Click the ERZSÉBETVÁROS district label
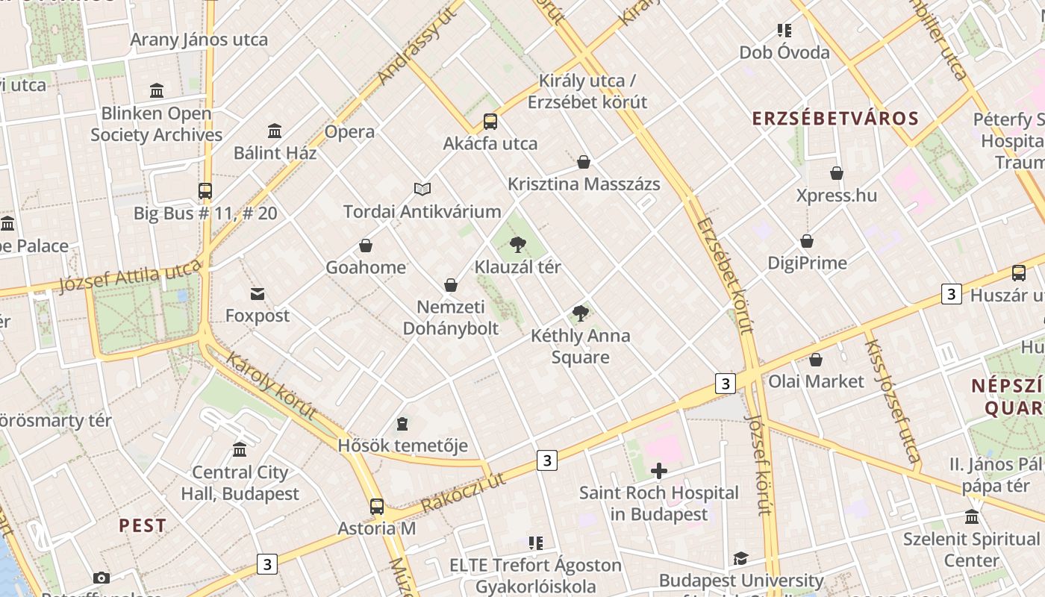(x=835, y=119)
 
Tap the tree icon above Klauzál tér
(x=517, y=245)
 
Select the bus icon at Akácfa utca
(x=490, y=122)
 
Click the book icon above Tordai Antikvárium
(x=422, y=190)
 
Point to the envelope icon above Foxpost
(x=258, y=294)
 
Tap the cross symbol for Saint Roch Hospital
(x=658, y=471)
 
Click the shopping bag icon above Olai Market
(x=816, y=360)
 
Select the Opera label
(x=349, y=132)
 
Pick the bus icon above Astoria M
(x=377, y=507)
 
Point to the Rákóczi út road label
(x=463, y=493)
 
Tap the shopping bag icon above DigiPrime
(x=807, y=241)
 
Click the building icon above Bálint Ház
(x=275, y=131)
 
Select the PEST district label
(x=143, y=525)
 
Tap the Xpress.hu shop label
(x=836, y=196)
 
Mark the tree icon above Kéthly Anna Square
(x=580, y=313)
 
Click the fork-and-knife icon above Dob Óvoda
(x=784, y=31)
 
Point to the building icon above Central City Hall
(x=240, y=450)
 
